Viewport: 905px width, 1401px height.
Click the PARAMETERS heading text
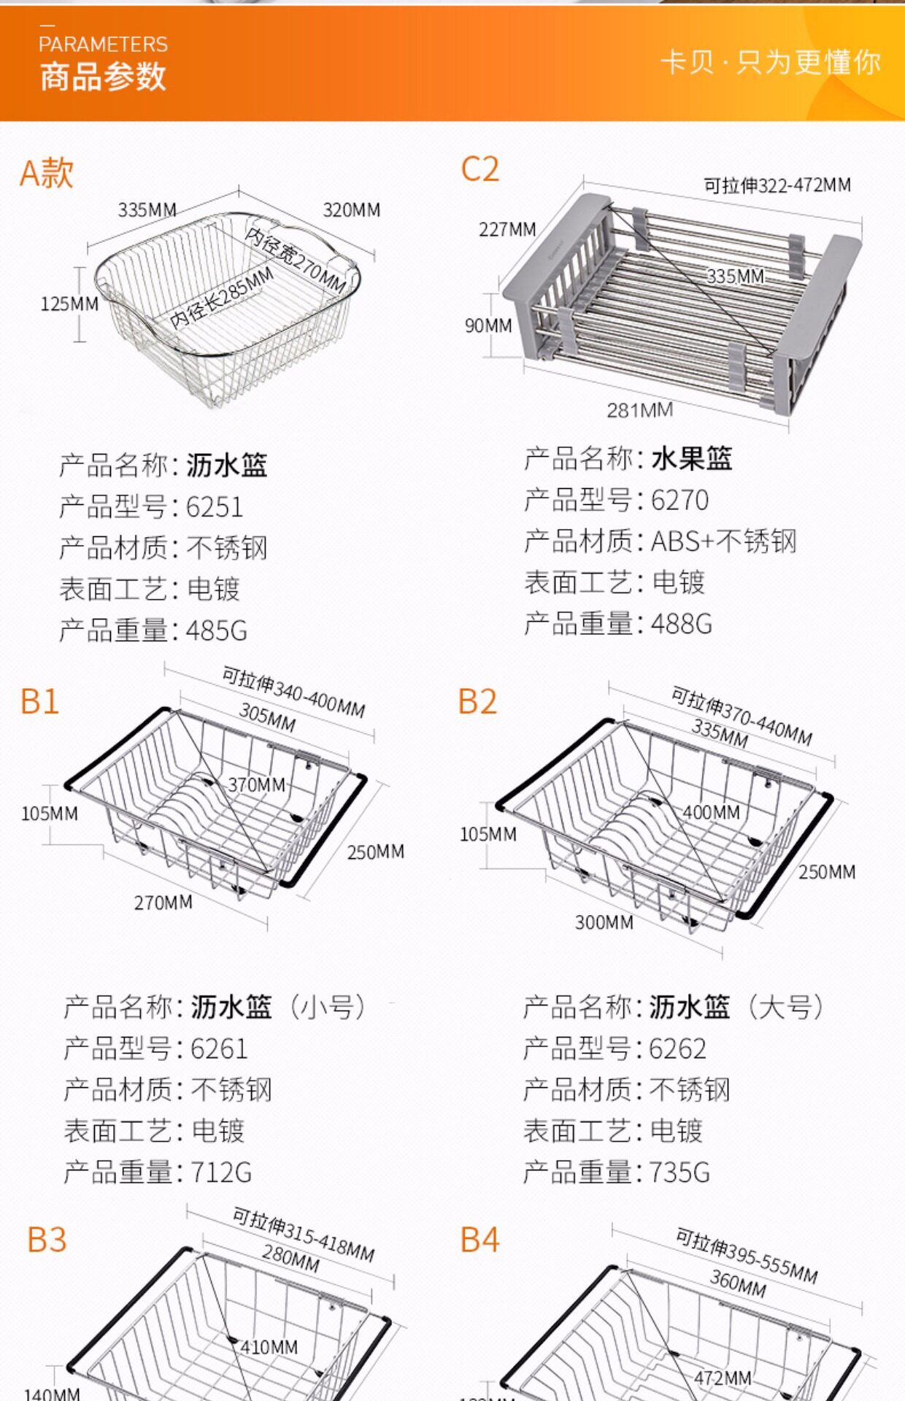pyautogui.click(x=103, y=45)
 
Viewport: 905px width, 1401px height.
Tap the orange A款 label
pyautogui.click(x=46, y=174)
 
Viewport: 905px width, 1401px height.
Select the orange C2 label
pyautogui.click(x=480, y=169)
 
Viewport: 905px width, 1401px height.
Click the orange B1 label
pyautogui.click(x=39, y=701)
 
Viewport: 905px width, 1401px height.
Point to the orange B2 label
pyautogui.click(x=477, y=701)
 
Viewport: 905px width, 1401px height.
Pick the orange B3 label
pyautogui.click(x=47, y=1240)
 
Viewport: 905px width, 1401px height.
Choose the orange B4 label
pyautogui.click(x=480, y=1240)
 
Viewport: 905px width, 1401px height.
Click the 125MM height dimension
pyautogui.click(x=69, y=304)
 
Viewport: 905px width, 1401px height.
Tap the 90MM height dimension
pyautogui.click(x=488, y=325)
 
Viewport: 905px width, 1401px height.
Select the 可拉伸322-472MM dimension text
pyautogui.click(x=777, y=185)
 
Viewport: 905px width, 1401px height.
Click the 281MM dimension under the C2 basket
pyautogui.click(x=639, y=410)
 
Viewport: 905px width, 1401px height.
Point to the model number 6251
pyautogui.click(x=214, y=507)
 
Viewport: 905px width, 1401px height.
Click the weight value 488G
pyautogui.click(x=681, y=625)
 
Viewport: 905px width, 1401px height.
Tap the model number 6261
pyautogui.click(x=219, y=1049)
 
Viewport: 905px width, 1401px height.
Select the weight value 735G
pyautogui.click(x=679, y=1173)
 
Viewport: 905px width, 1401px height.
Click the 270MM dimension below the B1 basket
pyautogui.click(x=163, y=903)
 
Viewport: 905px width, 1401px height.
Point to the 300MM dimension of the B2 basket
pyautogui.click(x=604, y=922)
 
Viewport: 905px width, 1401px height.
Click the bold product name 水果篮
pyautogui.click(x=691, y=459)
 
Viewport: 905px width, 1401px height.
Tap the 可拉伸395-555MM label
pyautogui.click(x=746, y=1255)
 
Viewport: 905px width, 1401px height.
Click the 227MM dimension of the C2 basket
pyautogui.click(x=507, y=230)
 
